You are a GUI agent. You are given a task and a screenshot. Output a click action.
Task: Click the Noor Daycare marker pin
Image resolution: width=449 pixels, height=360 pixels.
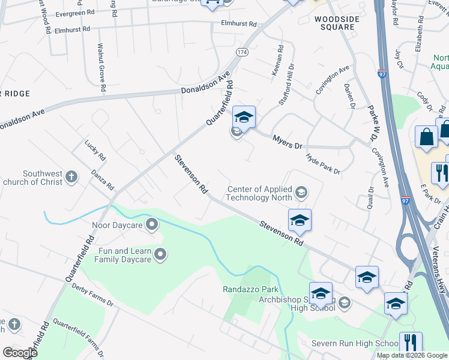click(152, 226)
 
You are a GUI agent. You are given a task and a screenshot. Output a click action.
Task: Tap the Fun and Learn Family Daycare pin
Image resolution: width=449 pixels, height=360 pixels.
click(160, 256)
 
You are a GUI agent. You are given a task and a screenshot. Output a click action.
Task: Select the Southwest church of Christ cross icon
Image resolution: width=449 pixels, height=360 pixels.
click(71, 177)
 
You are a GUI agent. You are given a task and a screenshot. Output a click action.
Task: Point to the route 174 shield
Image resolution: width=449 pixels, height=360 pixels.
click(241, 53)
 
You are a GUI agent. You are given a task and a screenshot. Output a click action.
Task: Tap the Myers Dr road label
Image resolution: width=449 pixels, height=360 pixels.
click(288, 142)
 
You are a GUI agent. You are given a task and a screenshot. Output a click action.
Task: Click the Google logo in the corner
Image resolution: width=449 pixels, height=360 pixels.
click(20, 353)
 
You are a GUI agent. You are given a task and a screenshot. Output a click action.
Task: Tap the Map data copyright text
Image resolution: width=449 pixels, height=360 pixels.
click(412, 355)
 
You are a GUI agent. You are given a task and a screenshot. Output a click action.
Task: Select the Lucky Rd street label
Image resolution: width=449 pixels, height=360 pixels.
click(95, 150)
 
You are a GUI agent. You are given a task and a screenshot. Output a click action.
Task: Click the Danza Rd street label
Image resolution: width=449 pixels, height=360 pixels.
click(102, 179)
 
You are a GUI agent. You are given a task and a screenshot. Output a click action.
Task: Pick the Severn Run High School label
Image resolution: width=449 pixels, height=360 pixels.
click(354, 343)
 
